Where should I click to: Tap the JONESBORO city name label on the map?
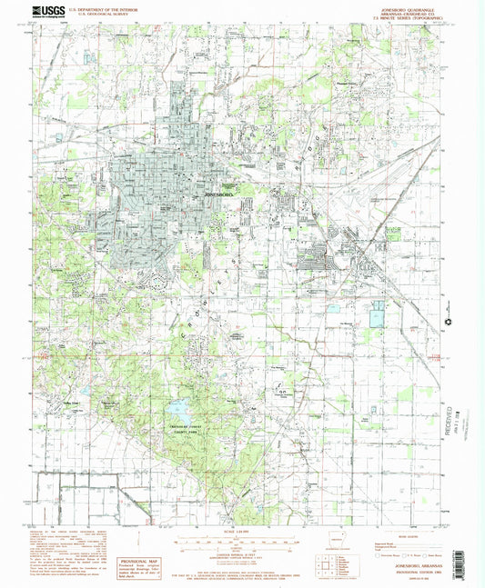pyautogui.click(x=221, y=194)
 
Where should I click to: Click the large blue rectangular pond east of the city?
pyautogui.click(x=376, y=315)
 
